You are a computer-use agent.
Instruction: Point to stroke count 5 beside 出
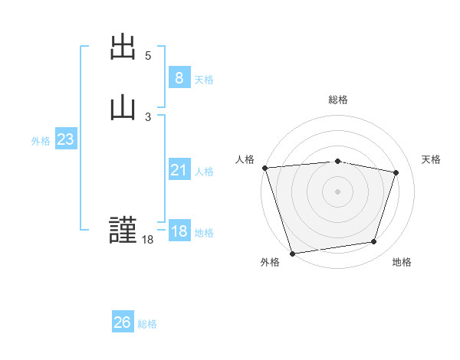click(148, 56)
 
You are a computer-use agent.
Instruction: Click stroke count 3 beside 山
click(148, 116)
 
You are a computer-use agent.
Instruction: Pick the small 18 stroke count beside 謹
click(147, 240)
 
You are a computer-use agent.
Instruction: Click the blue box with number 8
click(179, 77)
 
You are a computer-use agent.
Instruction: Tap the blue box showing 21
click(179, 170)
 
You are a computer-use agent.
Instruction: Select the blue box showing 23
click(65, 139)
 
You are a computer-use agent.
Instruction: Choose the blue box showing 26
click(123, 322)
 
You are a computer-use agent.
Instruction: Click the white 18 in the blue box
click(179, 231)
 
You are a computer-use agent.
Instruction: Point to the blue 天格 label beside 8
click(204, 79)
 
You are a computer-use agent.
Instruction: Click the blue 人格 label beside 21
click(204, 172)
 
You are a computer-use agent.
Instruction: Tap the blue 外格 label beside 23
click(41, 141)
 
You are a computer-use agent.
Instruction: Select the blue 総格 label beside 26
click(147, 324)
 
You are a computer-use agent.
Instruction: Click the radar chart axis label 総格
click(338, 100)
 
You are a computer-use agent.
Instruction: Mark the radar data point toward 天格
click(396, 172)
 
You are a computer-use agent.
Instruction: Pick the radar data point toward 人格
click(264, 168)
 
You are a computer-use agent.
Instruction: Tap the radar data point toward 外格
click(292, 253)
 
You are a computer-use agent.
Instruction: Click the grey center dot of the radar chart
click(338, 191)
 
